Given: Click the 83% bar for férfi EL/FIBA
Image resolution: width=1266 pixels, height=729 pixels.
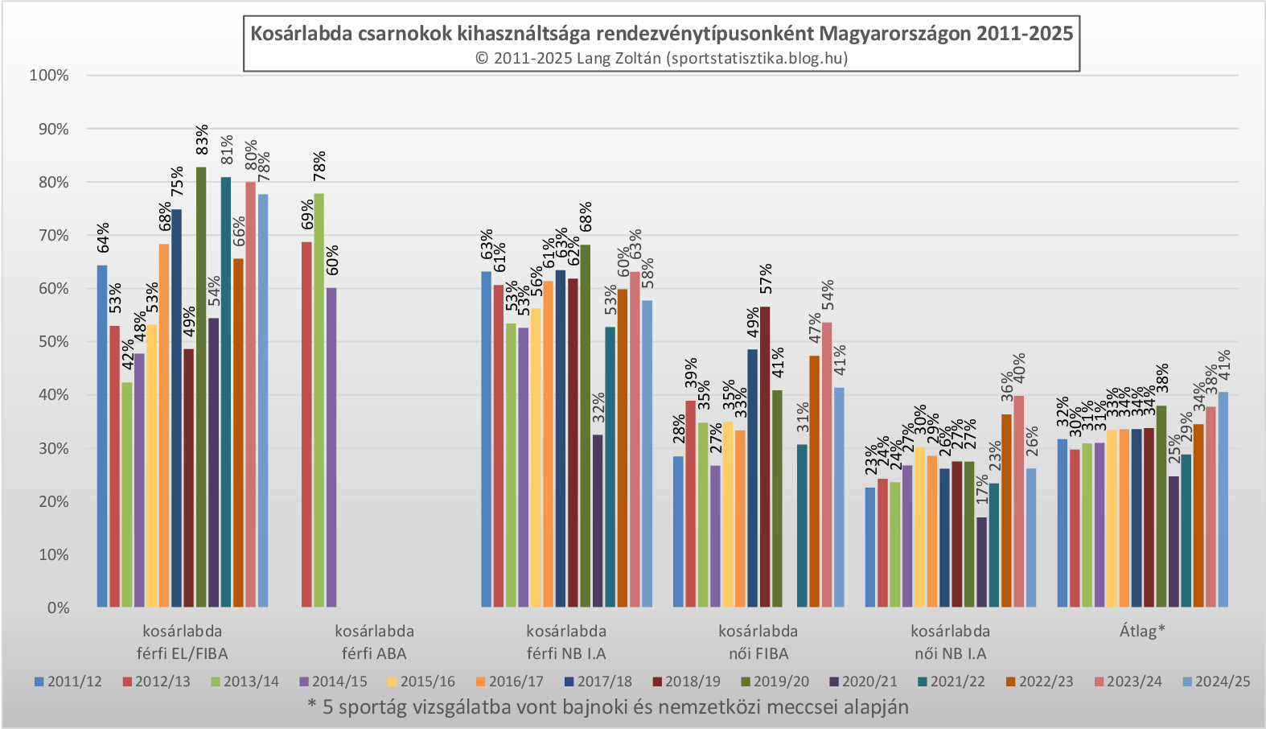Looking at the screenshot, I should click(201, 386).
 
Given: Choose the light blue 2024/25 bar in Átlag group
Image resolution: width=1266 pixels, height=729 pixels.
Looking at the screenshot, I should click(1223, 500).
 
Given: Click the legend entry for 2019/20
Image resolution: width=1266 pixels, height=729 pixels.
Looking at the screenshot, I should click(772, 682).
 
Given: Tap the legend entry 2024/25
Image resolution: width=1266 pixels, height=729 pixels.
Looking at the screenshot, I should click(1216, 682).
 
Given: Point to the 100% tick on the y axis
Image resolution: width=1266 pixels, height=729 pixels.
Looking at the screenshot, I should click(49, 76).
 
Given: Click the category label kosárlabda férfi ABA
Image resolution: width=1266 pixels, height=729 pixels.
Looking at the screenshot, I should click(374, 642).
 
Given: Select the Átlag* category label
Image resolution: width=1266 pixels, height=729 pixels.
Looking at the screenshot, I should click(1142, 631).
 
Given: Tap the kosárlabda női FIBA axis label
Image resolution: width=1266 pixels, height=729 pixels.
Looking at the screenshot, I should click(758, 642).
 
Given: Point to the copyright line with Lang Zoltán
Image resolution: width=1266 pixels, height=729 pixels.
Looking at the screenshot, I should click(661, 58).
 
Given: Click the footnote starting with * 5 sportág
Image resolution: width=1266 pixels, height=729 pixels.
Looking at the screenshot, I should click(608, 707).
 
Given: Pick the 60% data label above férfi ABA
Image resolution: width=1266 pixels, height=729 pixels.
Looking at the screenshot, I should click(332, 261).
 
